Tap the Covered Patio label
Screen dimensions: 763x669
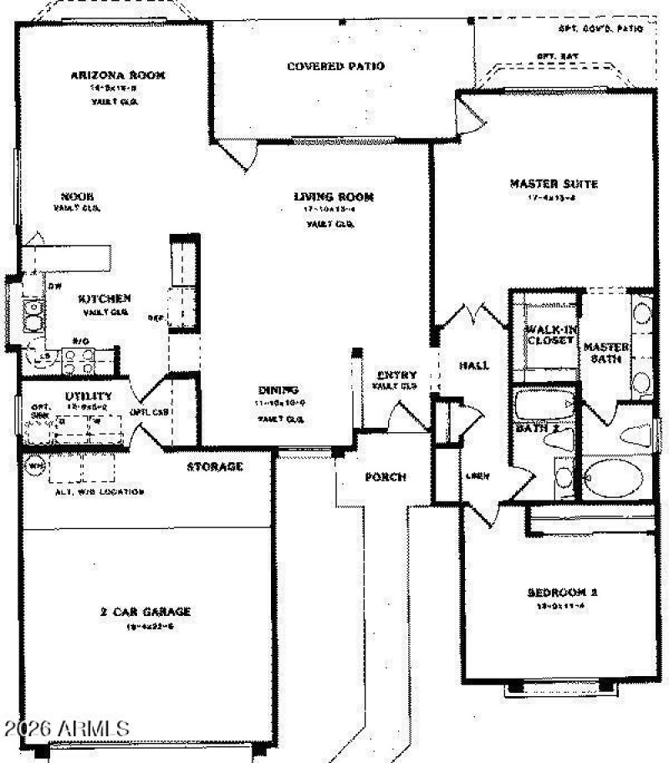click(x=335, y=66)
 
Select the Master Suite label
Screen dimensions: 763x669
click(x=554, y=184)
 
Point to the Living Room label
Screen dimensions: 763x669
click(x=333, y=197)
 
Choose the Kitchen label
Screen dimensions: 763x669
click(x=105, y=298)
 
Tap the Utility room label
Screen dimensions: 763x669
click(x=89, y=395)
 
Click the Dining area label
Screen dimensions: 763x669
click(x=279, y=390)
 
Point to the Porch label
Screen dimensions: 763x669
click(x=386, y=477)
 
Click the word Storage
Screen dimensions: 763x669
click(x=215, y=466)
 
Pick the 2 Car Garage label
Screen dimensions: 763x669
click(x=146, y=611)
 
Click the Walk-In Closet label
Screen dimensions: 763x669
click(x=549, y=334)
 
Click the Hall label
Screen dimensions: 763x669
click(x=474, y=365)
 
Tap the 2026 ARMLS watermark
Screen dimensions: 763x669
click(x=65, y=726)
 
